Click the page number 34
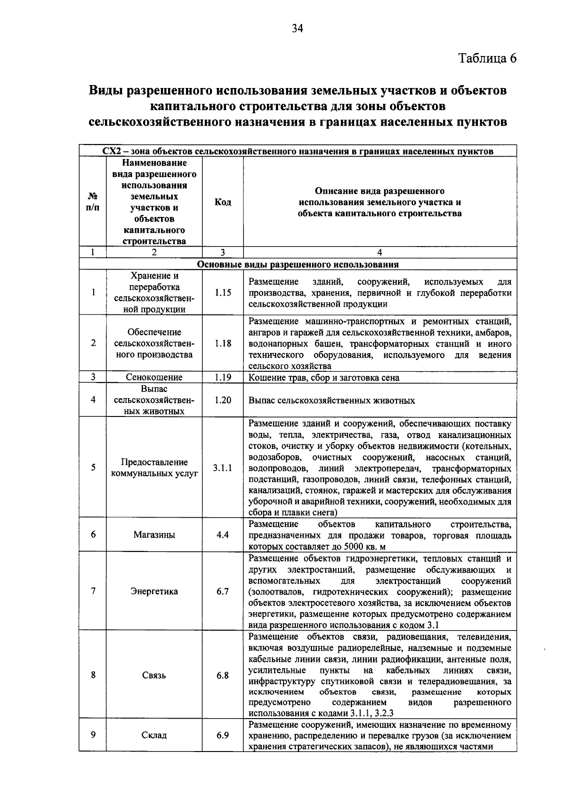tap(297, 29)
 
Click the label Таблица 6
tap(487, 58)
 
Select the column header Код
tap(223, 202)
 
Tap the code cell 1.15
tap(223, 293)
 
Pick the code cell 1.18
tap(223, 343)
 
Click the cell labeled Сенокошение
tap(154, 377)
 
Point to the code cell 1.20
tap(223, 400)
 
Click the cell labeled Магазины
tap(154, 535)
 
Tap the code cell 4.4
tap(223, 535)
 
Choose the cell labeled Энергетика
tap(154, 592)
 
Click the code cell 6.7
tap(223, 592)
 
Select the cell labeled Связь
tap(154, 675)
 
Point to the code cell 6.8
tap(223, 675)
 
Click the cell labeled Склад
tap(154, 735)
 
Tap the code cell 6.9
tap(223, 735)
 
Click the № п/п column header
tap(93, 202)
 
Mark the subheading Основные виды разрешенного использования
tap(298, 264)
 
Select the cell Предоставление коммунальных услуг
tap(154, 468)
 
